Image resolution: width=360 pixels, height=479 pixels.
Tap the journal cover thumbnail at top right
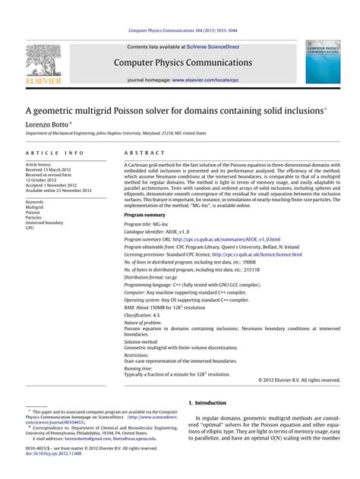click(x=323, y=62)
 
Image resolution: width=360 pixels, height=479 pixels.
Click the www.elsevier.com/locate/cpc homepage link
click(x=206, y=79)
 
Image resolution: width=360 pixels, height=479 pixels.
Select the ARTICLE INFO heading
click(x=55, y=153)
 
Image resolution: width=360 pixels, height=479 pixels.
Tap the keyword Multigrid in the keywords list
click(x=36, y=206)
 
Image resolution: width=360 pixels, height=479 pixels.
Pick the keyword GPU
click(x=30, y=228)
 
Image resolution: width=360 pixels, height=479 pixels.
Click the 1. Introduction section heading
click(x=207, y=402)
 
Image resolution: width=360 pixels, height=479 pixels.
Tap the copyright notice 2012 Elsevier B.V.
click(x=299, y=380)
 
